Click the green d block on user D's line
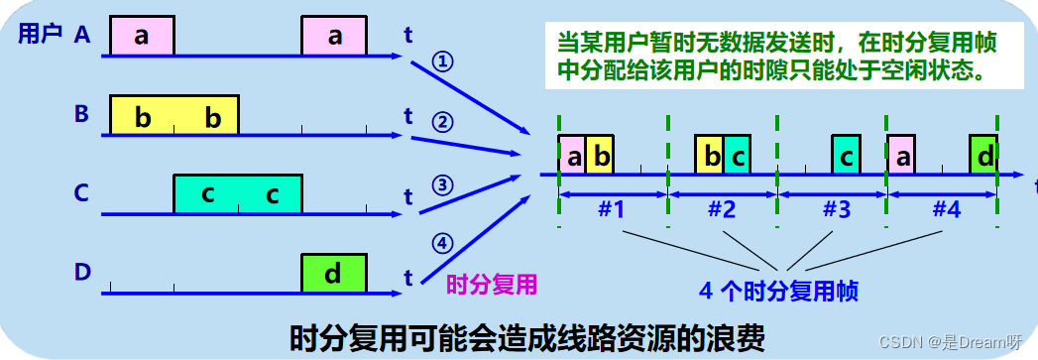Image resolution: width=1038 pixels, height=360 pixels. (x=334, y=274)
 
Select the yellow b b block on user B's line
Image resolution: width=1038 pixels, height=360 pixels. (x=173, y=116)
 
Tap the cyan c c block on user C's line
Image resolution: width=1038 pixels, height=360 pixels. (x=238, y=193)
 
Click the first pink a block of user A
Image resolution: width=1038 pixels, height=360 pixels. (x=142, y=37)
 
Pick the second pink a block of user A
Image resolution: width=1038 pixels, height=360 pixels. (x=334, y=37)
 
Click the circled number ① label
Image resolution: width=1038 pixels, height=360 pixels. (x=442, y=61)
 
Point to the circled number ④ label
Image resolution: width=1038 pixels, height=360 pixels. (x=442, y=242)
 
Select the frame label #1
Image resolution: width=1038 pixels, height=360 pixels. (x=612, y=210)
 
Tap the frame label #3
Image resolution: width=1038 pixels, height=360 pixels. (x=837, y=210)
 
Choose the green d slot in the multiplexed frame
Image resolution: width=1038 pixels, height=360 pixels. (x=984, y=156)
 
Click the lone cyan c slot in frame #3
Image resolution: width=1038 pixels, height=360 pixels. (x=845, y=156)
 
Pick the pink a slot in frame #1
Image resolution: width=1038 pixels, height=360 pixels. (x=572, y=156)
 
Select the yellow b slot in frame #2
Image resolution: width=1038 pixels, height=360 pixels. (x=709, y=156)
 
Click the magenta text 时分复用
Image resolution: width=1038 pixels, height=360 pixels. (x=492, y=285)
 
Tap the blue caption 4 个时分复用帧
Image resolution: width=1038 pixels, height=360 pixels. (x=778, y=292)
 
